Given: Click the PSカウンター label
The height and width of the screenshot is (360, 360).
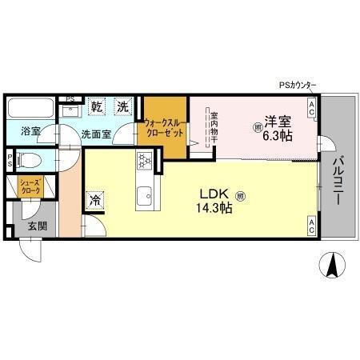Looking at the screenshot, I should pos(298,86).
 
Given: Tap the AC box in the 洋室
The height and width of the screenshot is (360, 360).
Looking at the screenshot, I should pos(311,103).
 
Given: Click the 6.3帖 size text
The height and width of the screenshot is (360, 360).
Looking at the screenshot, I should pos(278,136).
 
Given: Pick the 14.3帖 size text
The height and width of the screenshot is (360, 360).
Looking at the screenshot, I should pos(215,207).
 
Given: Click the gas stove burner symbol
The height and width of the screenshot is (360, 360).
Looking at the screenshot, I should pos(146,162).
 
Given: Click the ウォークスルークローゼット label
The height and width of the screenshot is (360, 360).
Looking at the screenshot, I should pos(165,128).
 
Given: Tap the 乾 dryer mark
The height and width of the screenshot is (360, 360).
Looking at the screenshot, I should pos(97,106).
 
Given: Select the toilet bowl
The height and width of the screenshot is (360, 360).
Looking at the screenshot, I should pos(29,158).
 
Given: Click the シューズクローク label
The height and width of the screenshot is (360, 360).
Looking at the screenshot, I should pos(30,188).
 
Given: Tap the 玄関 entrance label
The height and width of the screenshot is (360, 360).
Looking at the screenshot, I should pos(37,226).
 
